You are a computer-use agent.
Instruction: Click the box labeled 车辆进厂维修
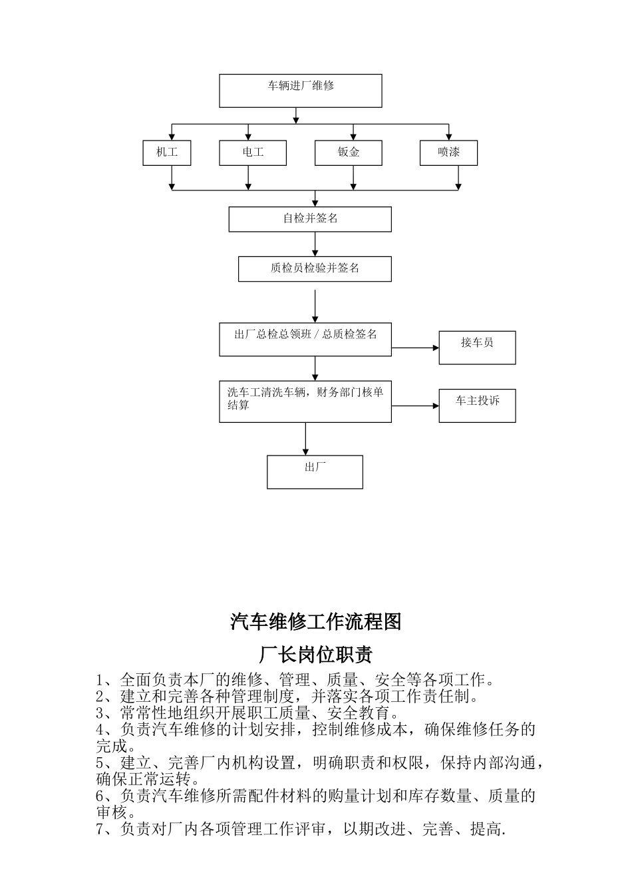point(301,91)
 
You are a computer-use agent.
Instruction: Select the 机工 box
point(167,152)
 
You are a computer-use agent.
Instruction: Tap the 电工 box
point(253,152)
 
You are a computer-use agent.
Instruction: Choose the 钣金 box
point(348,152)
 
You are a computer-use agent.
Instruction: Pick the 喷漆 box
point(448,152)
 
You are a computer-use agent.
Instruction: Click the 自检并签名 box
point(310,219)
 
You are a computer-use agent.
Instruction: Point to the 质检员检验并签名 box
point(315,269)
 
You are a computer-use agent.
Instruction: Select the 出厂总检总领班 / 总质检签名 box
point(305,340)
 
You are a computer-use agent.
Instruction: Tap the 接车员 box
point(477,348)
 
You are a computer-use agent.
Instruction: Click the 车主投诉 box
point(477,405)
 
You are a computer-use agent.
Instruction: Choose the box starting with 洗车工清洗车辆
point(305,402)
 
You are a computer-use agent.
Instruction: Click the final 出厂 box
point(315,472)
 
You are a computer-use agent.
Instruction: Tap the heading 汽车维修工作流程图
point(316,622)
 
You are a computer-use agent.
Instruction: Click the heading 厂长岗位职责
point(316,655)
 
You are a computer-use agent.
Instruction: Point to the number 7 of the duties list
point(101,830)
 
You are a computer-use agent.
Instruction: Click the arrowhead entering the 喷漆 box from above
point(449,136)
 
